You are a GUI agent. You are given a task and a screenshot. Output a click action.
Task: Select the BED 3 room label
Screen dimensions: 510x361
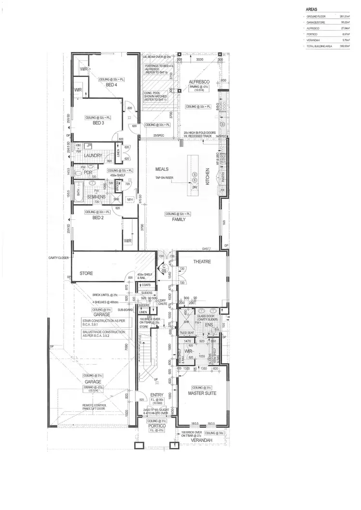(98, 123)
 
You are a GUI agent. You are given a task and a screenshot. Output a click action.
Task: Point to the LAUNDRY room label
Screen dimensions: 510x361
(92, 155)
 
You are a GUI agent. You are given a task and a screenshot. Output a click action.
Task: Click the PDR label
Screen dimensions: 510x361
(88, 173)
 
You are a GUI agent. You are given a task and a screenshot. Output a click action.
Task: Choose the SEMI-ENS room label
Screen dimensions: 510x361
(97, 197)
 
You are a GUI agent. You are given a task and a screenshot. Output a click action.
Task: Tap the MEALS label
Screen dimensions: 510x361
(161, 170)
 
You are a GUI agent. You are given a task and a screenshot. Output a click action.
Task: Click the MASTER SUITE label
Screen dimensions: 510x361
(202, 393)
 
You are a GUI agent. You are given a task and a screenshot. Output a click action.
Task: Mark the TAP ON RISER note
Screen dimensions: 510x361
(164, 178)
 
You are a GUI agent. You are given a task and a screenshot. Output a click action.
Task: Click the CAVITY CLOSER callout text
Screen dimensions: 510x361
(60, 257)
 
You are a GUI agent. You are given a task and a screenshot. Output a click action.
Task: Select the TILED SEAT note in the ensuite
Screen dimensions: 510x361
(186, 332)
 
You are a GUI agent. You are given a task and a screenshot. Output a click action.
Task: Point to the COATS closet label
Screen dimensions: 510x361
(146, 284)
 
